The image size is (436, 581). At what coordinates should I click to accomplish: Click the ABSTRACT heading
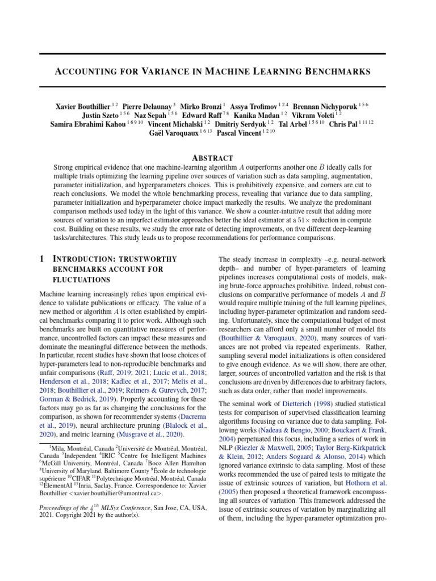[212, 158]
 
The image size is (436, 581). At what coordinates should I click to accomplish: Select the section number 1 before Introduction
[42, 259]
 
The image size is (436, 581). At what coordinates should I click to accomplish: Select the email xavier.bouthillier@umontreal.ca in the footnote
[108, 494]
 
